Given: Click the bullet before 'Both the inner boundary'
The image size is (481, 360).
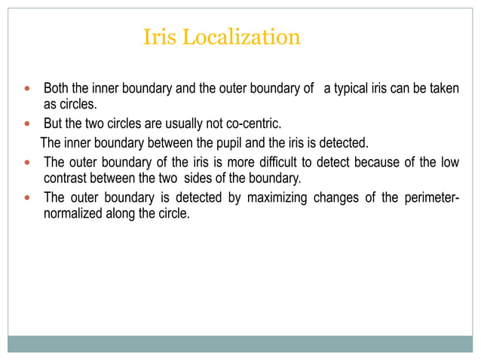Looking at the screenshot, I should [x=28, y=89].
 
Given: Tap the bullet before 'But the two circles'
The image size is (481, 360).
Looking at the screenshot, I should [x=28, y=124].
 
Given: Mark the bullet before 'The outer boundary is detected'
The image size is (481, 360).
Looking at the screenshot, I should [x=28, y=198].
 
